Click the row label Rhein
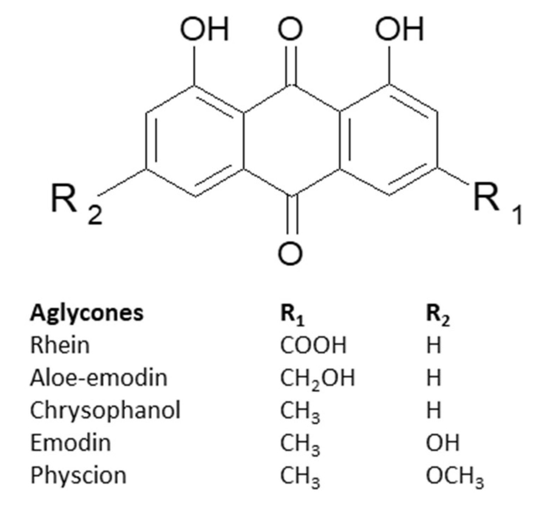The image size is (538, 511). tap(60, 345)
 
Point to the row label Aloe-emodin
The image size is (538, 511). tap(98, 377)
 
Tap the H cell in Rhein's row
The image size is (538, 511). tap(433, 345)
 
